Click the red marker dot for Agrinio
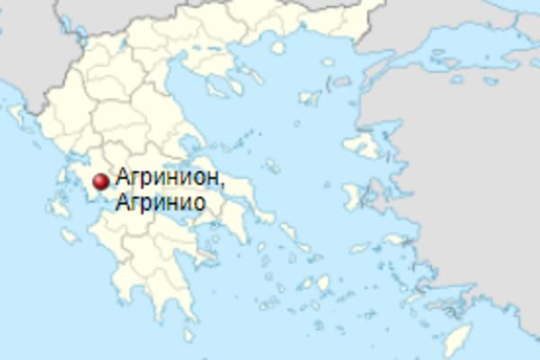pyautogui.click(x=101, y=182)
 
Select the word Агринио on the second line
pyautogui.click(x=160, y=202)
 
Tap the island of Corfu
pyautogui.click(x=19, y=118)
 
